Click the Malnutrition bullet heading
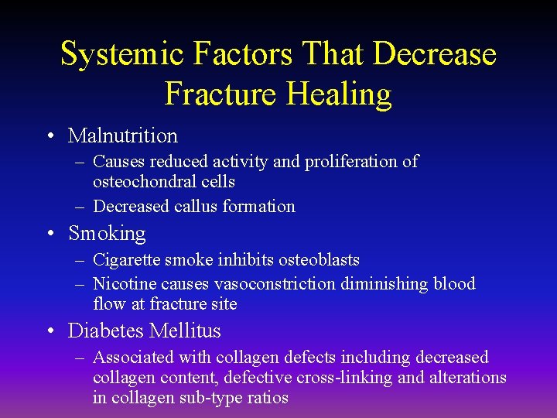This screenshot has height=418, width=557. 123,135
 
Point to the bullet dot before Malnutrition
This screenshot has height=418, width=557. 50,137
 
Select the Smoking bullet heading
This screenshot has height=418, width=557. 107,233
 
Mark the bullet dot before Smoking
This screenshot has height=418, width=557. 50,235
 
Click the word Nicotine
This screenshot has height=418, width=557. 121,283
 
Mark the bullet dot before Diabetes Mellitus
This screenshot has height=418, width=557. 50,332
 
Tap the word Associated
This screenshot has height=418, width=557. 132,357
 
